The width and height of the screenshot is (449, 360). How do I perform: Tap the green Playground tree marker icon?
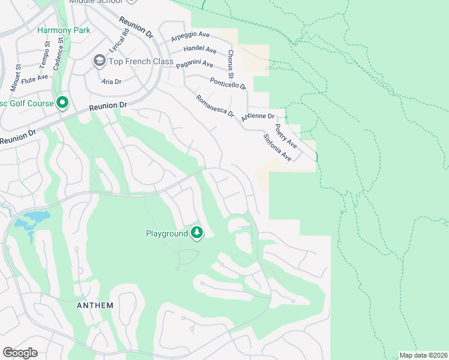click(x=197, y=233)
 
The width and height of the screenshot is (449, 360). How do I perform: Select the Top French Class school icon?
click(x=99, y=61)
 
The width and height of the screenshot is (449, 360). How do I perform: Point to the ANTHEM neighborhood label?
click(x=95, y=305)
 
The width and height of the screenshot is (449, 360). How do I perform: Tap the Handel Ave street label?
click(x=200, y=49)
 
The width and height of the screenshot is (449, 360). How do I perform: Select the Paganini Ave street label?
click(x=194, y=64)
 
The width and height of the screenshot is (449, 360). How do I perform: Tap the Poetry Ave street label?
click(x=286, y=136)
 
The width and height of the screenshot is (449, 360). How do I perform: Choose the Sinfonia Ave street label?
click(x=277, y=148)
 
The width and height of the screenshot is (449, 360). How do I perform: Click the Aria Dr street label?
click(x=111, y=81)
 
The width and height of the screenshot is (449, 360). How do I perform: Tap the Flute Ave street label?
click(x=35, y=77)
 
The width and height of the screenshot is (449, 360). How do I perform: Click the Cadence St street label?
click(x=58, y=55)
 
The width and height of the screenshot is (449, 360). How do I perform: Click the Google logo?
click(x=20, y=353)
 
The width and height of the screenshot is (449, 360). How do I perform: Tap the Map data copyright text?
click(x=423, y=355)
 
